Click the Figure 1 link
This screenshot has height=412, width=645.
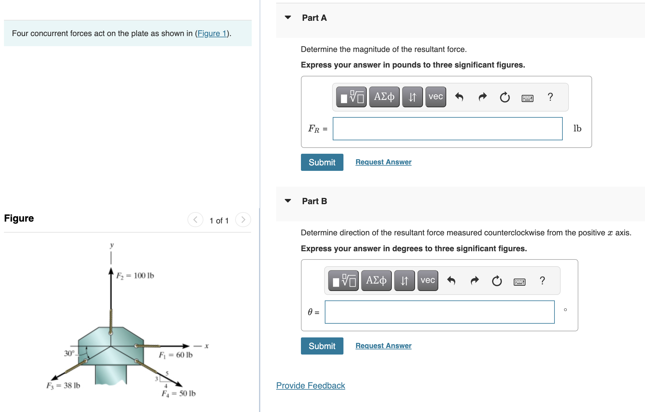click(212, 33)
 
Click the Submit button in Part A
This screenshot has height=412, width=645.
click(322, 162)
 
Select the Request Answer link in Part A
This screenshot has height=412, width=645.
click(383, 162)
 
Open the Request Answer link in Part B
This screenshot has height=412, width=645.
click(383, 346)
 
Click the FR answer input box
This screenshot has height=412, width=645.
click(447, 129)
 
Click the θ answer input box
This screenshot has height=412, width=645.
click(439, 312)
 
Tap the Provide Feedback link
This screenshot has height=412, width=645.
click(310, 385)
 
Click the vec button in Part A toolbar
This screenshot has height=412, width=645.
click(436, 97)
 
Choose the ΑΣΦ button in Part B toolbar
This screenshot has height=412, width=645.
click(376, 280)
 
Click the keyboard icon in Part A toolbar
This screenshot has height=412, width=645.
click(527, 98)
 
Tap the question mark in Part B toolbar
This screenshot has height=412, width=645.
click(542, 280)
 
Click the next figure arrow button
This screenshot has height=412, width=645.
click(243, 220)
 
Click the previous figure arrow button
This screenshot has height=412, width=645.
click(195, 220)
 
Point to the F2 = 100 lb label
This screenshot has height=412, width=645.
click(135, 276)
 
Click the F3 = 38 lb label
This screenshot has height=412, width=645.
click(63, 385)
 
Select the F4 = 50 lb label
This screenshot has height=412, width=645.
click(179, 393)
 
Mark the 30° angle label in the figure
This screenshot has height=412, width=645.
click(69, 353)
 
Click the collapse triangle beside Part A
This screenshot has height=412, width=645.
click(288, 17)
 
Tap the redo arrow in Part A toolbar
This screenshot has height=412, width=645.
click(482, 97)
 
